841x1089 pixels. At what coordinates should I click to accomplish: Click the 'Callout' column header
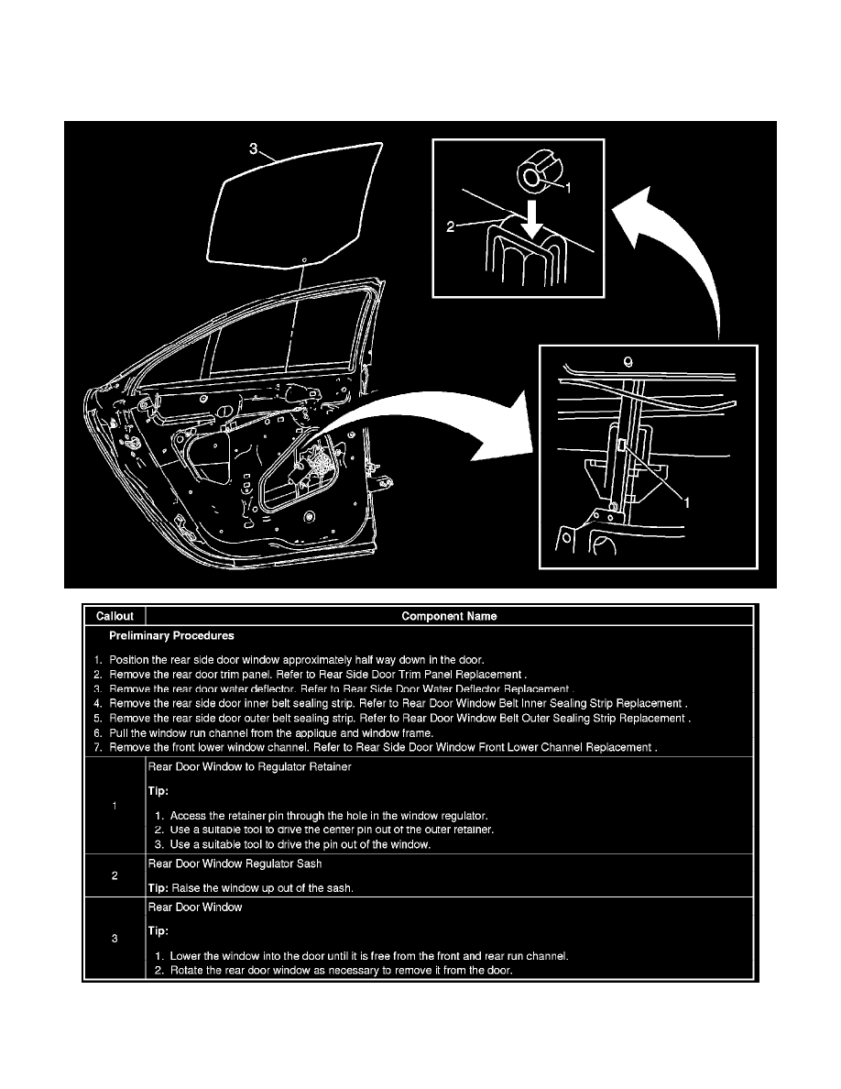pos(114,616)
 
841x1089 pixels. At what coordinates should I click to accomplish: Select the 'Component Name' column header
pos(449,616)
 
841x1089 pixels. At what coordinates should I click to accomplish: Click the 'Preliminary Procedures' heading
pos(171,635)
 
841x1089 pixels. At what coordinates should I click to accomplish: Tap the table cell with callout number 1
pos(114,806)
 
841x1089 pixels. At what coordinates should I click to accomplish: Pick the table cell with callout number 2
pos(114,875)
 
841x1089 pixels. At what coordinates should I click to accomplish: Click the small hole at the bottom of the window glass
pos(303,259)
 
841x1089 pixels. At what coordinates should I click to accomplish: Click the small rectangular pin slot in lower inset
pos(622,445)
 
